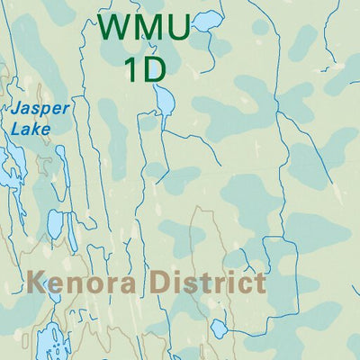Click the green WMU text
tap(144, 28)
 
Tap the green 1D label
tap(144, 68)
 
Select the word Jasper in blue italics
tap(40, 109)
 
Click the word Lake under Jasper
tap(31, 129)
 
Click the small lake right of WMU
tap(207, 20)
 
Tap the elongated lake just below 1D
tap(165, 101)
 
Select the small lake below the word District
tap(219, 328)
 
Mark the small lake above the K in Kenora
tap(55, 224)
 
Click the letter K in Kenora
tap(37, 283)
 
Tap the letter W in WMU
tap(114, 28)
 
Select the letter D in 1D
tap(154, 68)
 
